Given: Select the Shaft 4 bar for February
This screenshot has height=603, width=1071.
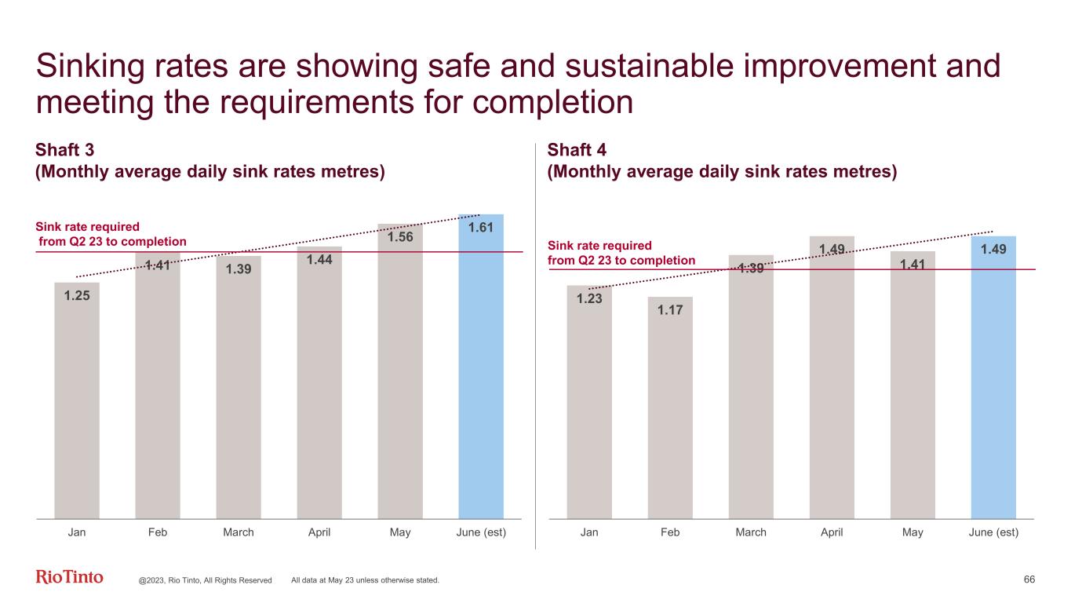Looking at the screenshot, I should (x=670, y=416).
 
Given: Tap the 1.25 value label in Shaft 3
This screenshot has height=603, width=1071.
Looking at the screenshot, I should (x=77, y=296).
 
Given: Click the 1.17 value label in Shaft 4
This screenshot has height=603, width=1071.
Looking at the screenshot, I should (x=670, y=310).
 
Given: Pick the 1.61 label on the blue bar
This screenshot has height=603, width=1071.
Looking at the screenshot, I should (x=481, y=228).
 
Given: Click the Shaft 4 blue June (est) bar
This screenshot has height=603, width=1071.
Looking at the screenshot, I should (x=993, y=385).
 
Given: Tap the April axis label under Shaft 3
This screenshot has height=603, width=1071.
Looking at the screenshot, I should (x=319, y=532).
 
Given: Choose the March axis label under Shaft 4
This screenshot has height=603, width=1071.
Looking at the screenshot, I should (x=751, y=532).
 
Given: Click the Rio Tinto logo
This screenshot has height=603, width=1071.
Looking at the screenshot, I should (x=70, y=578).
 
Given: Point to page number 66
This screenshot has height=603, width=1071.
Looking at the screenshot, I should (x=1029, y=579).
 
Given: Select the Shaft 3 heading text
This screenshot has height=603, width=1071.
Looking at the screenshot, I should (x=66, y=150).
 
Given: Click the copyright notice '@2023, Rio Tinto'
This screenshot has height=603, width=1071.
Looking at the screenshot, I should (x=205, y=580).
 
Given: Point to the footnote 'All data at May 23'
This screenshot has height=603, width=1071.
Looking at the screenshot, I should (x=365, y=580).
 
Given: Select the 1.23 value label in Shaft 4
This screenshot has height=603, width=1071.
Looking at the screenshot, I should (x=589, y=298).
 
